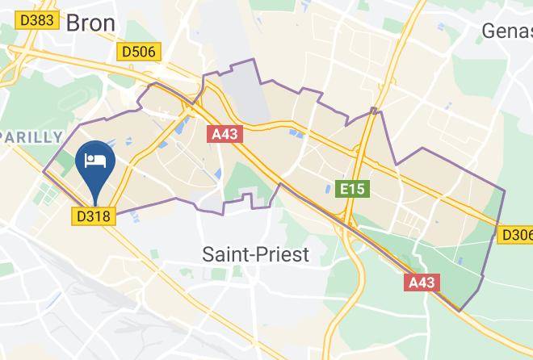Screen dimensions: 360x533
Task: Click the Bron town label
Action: pyautogui.click(x=90, y=22)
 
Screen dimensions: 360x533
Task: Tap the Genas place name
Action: pyautogui.click(x=507, y=31)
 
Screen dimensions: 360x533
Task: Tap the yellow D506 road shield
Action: pyautogui.click(x=139, y=52)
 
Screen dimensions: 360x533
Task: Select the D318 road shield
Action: pyautogui.click(x=95, y=216)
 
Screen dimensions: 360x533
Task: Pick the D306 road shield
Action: pyautogui.click(x=516, y=235)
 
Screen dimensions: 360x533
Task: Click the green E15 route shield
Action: pyautogui.click(x=352, y=190)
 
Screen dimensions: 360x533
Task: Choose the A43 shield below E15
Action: pyautogui.click(x=422, y=283)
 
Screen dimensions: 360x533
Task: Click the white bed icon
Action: pyautogui.click(x=95, y=158)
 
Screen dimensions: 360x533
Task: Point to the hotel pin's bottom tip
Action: pyautogui.click(x=95, y=204)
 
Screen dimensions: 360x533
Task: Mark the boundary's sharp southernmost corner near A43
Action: pyautogui.click(x=460, y=311)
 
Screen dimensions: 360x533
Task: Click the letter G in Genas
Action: pyautogui.click(x=489, y=31)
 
